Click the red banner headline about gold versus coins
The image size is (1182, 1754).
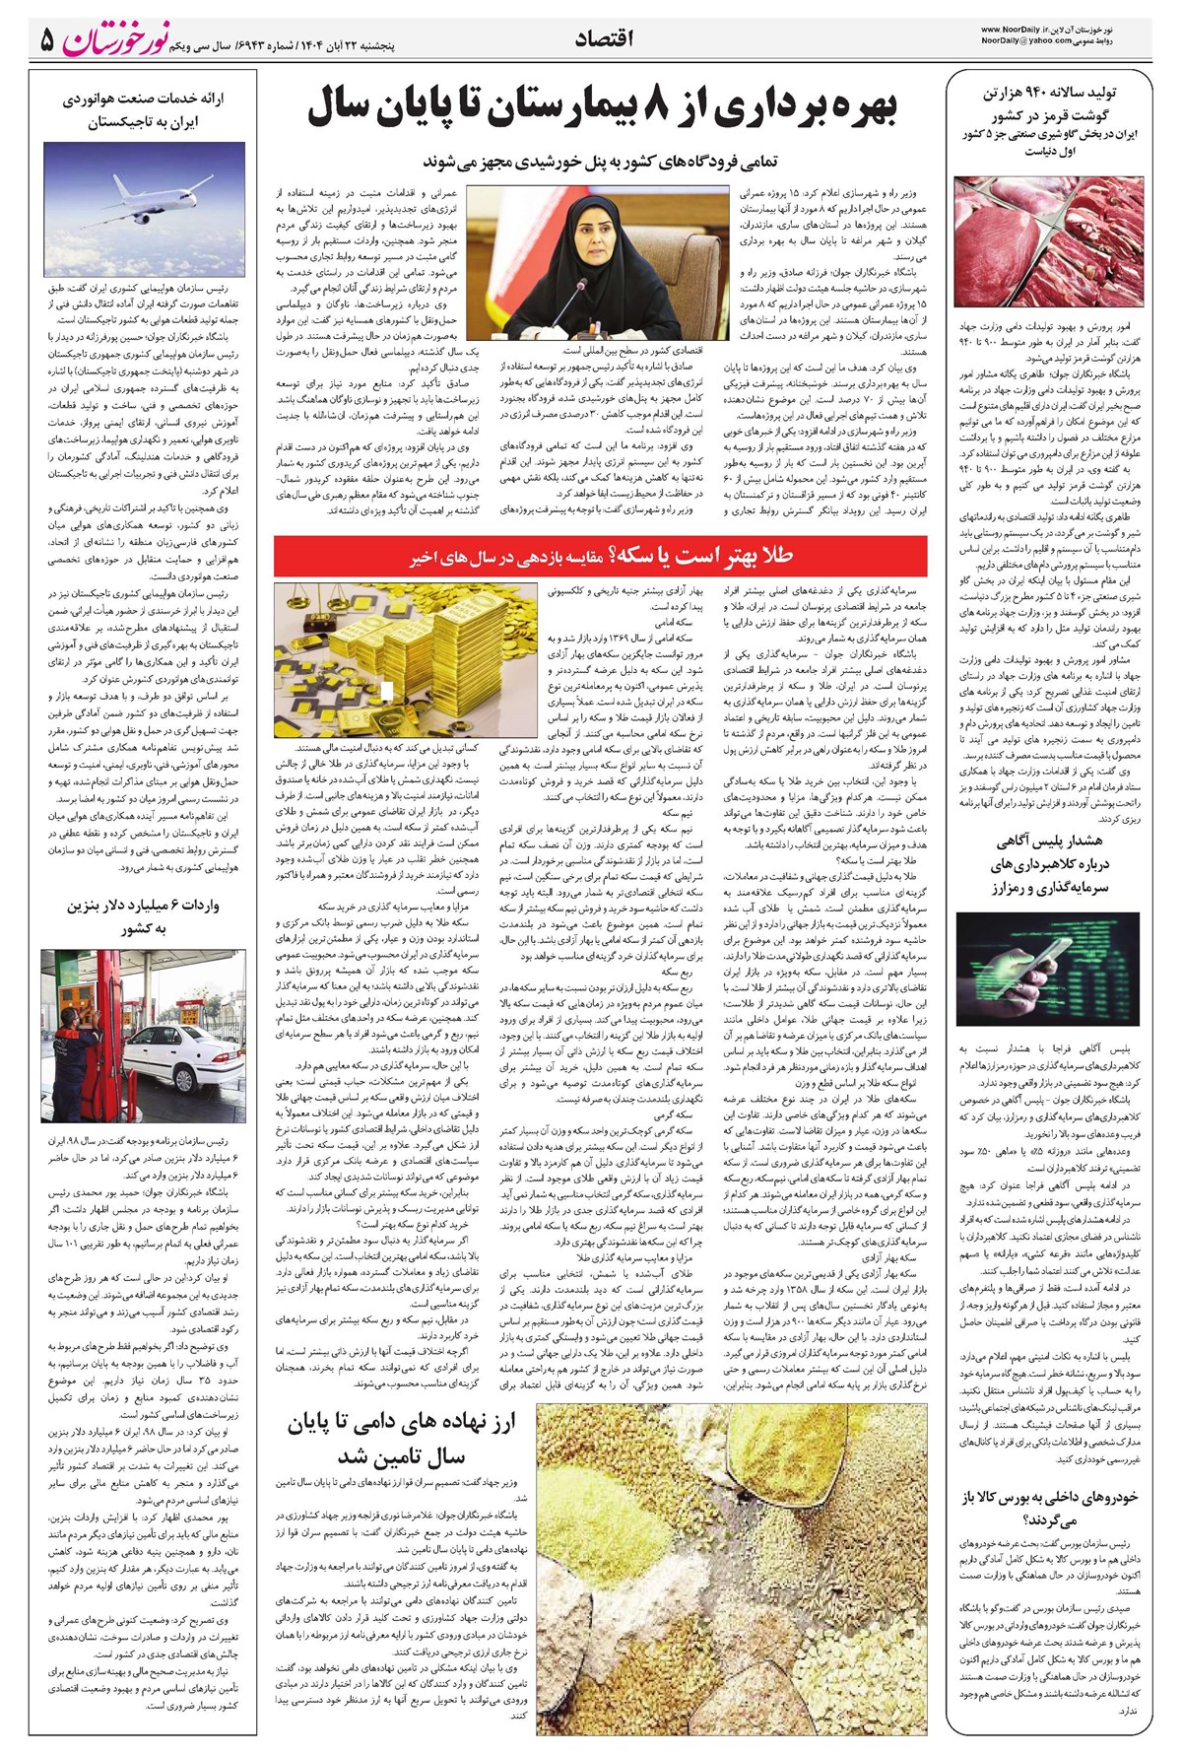coord(602,557)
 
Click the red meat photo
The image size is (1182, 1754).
coord(1049,241)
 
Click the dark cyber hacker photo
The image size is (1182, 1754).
coord(1049,969)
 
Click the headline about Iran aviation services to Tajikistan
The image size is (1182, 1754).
coord(145,110)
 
